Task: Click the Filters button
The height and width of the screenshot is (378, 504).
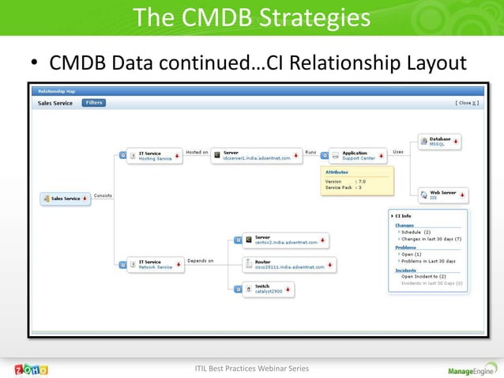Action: pyautogui.click(x=94, y=103)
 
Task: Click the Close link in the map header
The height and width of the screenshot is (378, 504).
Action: pyautogui.click(x=465, y=103)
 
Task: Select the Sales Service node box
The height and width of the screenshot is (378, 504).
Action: pyautogui.click(x=66, y=198)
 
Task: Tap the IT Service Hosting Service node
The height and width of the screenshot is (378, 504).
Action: pyautogui.click(x=156, y=156)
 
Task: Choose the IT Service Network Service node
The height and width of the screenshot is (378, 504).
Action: pyautogui.click(x=156, y=265)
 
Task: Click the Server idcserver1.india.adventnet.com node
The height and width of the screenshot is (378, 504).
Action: pyautogui.click(x=258, y=156)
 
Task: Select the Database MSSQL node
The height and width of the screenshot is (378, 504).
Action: pyautogui.click(x=441, y=142)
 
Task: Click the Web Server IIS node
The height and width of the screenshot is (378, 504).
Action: pyautogui.click(x=442, y=195)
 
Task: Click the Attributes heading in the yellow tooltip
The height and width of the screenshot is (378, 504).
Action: pyautogui.click(x=337, y=171)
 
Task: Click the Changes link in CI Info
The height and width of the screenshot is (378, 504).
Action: pyautogui.click(x=404, y=225)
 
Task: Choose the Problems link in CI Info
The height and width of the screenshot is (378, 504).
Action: pyautogui.click(x=405, y=248)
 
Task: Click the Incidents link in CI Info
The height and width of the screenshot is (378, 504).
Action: pyautogui.click(x=406, y=270)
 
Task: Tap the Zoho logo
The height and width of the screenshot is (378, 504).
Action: pyautogui.click(x=32, y=369)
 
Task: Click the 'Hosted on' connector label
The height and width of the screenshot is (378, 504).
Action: pyautogui.click(x=197, y=152)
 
